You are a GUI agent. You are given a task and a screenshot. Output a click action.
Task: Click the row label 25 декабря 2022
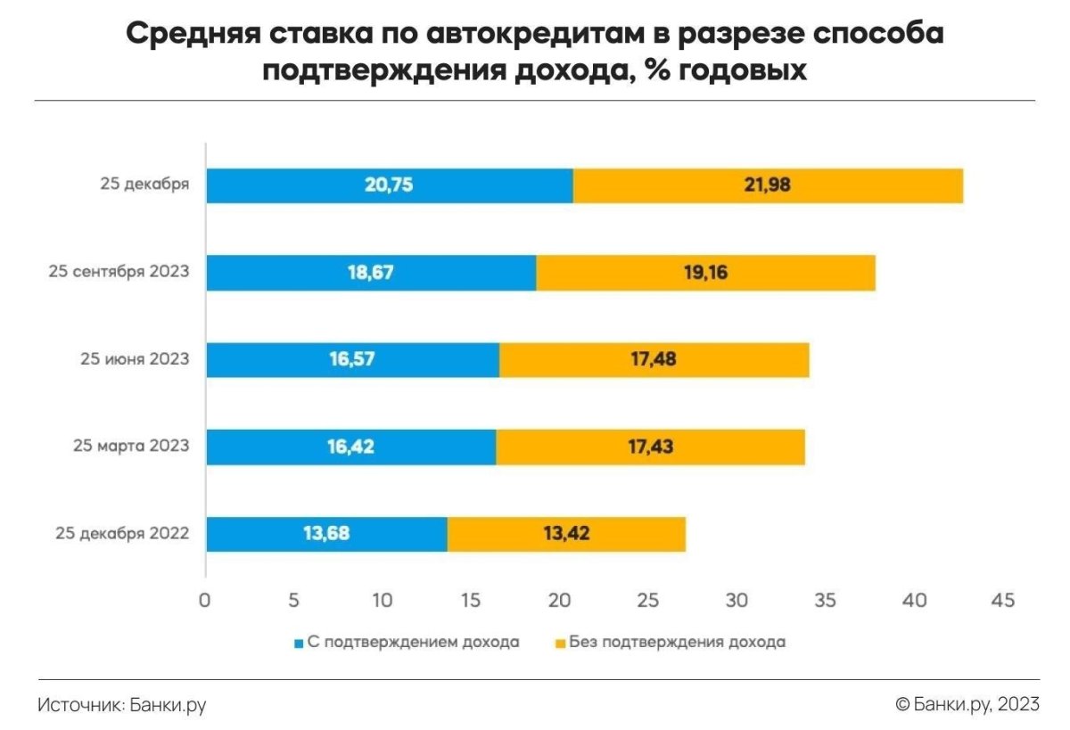pos(122,535)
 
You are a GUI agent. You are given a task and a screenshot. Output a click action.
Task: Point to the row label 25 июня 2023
pos(135,360)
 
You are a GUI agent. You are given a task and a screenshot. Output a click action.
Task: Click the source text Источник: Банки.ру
pos(122,705)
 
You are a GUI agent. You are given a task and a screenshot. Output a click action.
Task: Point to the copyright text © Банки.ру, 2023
pos(967,705)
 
